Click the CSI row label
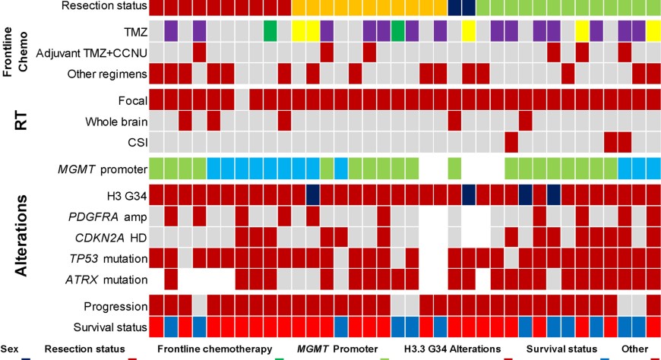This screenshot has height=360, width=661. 137,142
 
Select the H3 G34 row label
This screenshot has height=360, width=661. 127,195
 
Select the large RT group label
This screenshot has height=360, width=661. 21,120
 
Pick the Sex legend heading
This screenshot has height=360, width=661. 9,349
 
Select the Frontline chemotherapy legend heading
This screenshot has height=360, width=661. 214,349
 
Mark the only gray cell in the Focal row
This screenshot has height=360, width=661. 242,100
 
